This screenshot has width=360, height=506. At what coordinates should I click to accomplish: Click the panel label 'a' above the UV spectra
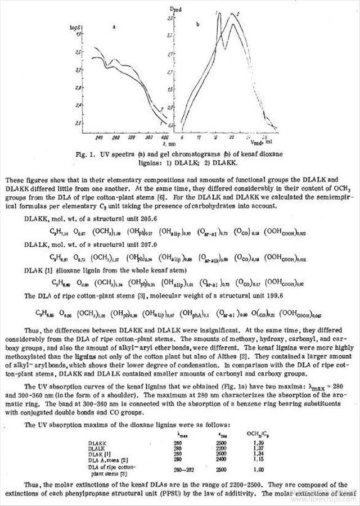click(x=115, y=26)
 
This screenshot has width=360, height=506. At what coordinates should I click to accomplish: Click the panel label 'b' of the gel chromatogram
click(x=198, y=25)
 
